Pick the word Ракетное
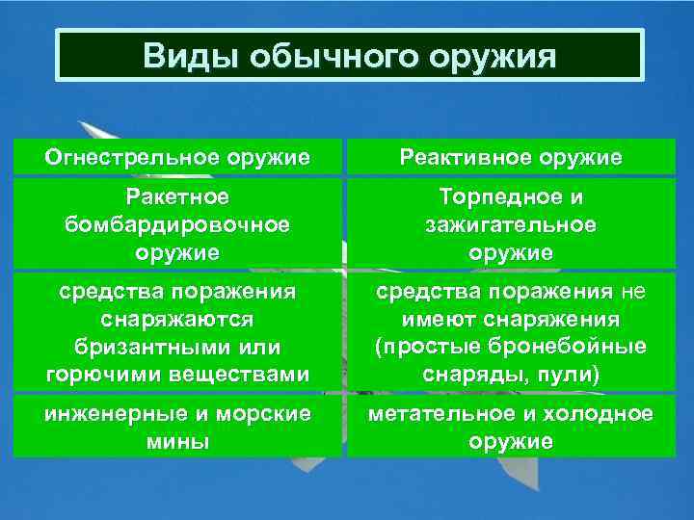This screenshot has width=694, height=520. click(177, 196)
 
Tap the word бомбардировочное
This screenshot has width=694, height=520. click(177, 224)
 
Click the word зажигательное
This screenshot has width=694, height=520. click(511, 224)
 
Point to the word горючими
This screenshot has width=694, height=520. click(93, 375)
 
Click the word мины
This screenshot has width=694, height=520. click(177, 442)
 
